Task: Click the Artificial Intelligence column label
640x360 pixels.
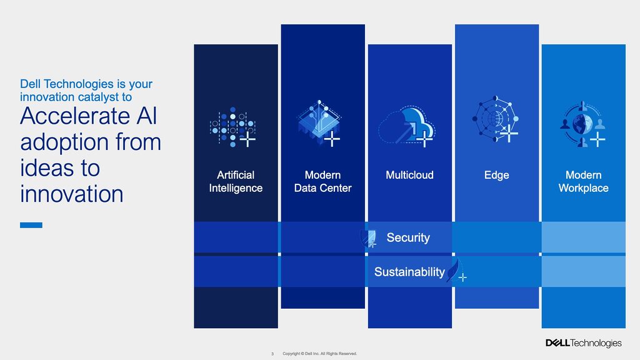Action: click(236, 182)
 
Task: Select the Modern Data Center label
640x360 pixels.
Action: click(323, 182)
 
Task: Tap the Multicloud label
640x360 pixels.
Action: click(409, 175)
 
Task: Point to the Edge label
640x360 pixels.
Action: click(496, 176)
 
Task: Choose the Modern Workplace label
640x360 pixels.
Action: click(583, 182)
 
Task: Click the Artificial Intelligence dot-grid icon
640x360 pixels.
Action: click(232, 127)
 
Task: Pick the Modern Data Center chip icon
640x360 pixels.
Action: click(319, 123)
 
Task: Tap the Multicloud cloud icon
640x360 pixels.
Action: click(407, 125)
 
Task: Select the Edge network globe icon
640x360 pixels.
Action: click(495, 119)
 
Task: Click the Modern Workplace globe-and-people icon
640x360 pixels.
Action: click(582, 124)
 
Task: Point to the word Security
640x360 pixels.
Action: click(408, 237)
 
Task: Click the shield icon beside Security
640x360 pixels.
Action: click(368, 238)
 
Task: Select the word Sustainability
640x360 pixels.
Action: click(409, 272)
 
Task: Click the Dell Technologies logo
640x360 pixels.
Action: click(583, 343)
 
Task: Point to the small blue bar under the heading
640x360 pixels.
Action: click(31, 225)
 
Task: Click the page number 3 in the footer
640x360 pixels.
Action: click(272, 354)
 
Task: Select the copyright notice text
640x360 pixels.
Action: click(319, 354)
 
